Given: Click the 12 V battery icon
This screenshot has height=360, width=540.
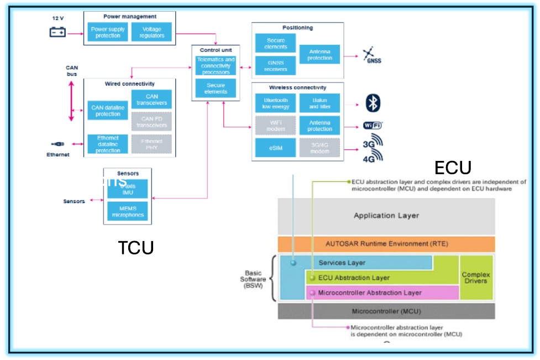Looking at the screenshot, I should (x=57, y=32).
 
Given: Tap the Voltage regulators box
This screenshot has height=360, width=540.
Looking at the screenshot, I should (x=151, y=32).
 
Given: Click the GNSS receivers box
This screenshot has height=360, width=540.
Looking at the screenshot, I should (x=275, y=66).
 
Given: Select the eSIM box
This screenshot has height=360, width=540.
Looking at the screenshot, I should (x=275, y=148).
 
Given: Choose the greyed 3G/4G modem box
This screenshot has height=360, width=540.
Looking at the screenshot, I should (x=319, y=148).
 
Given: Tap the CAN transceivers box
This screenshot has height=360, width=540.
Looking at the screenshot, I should (x=151, y=100).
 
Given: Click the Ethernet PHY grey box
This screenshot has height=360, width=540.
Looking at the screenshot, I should (x=151, y=144).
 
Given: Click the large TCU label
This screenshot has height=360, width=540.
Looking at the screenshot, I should (x=135, y=248).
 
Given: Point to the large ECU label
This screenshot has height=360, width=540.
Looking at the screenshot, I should (x=453, y=168).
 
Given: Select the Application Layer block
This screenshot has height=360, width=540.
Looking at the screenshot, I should (x=386, y=216).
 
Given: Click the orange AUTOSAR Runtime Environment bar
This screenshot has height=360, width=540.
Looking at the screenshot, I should (x=386, y=244).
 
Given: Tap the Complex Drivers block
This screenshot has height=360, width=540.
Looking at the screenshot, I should (x=476, y=278).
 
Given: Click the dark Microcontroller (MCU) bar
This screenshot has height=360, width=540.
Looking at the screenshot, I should (x=386, y=311).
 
